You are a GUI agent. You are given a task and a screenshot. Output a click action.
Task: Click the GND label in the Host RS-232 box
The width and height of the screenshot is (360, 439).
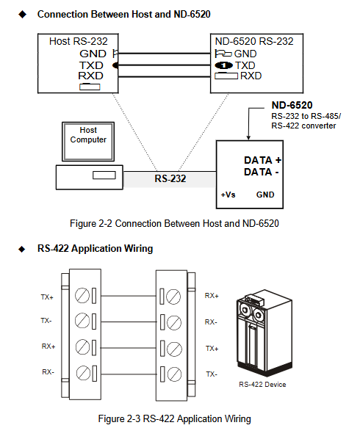coord(93,54)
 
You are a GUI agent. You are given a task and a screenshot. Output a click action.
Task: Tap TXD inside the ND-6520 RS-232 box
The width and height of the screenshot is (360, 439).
coord(245,65)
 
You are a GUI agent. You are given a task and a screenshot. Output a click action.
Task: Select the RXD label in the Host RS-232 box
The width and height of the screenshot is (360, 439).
coord(91,76)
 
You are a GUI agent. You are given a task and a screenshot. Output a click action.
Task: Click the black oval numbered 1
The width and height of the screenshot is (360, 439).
coord(223,65)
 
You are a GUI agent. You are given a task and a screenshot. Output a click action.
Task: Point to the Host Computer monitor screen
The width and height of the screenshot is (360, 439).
coord(88,142)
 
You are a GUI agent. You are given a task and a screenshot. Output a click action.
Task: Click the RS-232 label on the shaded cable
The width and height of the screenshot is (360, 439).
coord(170,178)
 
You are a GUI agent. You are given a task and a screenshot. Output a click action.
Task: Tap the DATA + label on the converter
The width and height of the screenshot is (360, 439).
coord(262,160)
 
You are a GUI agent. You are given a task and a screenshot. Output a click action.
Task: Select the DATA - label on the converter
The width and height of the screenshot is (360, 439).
coord(262,172)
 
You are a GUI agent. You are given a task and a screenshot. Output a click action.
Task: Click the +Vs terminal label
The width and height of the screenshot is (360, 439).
coord(228,195)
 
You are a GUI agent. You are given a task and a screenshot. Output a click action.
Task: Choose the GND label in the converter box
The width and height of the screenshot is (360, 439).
coord(265,195)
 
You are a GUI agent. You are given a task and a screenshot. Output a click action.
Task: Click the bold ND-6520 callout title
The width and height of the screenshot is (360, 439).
coord(292,105)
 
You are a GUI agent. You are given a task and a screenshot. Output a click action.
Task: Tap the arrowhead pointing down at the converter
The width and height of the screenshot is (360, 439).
coord(248,137)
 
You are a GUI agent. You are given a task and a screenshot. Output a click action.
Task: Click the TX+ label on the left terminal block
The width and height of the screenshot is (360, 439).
coord(47,297)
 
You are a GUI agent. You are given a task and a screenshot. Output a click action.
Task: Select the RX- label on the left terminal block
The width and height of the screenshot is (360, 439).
coord(48,371)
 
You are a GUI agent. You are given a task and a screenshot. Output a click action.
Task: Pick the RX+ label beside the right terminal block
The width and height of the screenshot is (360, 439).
coord(212,296)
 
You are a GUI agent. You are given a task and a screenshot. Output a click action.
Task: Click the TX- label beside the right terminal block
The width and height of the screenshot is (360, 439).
coord(212,374)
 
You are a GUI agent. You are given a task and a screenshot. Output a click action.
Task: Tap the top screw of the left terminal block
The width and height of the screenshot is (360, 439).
coord(82,296)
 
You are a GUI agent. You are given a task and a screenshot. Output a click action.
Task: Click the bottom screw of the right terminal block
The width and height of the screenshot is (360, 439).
coord(174,374)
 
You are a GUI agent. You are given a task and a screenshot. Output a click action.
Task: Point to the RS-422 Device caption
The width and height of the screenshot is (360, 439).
coord(262,385)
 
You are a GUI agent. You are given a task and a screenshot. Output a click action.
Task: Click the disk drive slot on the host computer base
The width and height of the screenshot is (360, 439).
coord(104,175)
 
